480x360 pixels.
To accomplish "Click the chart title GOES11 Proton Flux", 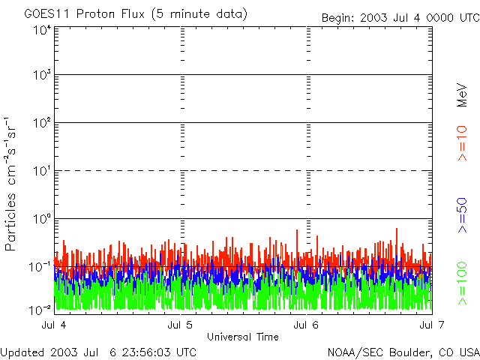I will pos(135,14).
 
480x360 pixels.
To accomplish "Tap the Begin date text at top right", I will pos(399,18).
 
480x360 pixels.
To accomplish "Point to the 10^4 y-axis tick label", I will pos(41,30).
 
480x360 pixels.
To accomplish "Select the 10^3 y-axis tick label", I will pos(41,75).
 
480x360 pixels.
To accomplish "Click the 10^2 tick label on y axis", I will pos(41,122).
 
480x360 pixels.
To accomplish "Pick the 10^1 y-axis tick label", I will pos(41,170).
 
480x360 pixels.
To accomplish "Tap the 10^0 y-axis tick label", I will pos(41,218).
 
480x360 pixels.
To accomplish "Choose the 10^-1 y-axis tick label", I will pos(41,266).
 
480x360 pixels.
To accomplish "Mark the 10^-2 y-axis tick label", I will pos(41,309).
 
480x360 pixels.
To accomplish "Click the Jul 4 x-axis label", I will pos(54,325).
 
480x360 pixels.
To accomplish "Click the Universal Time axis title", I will pos(242,337).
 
